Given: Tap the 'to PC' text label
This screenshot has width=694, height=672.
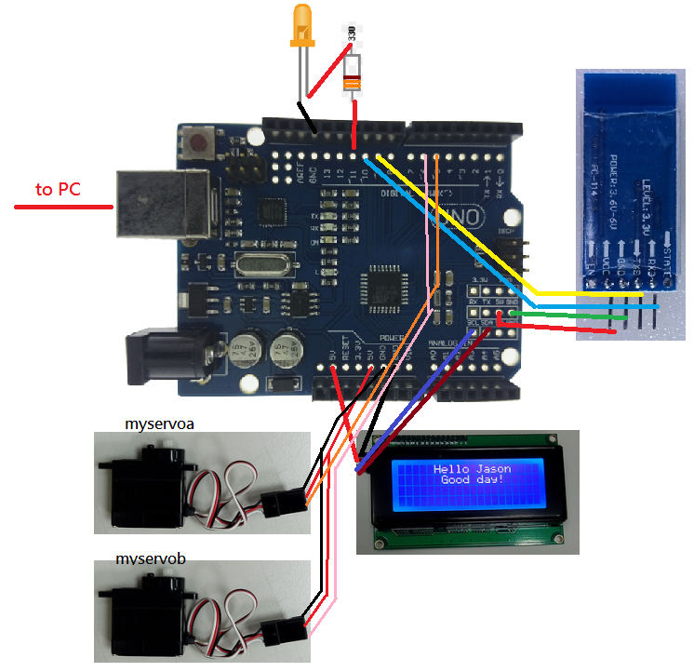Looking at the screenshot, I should click(58, 190).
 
